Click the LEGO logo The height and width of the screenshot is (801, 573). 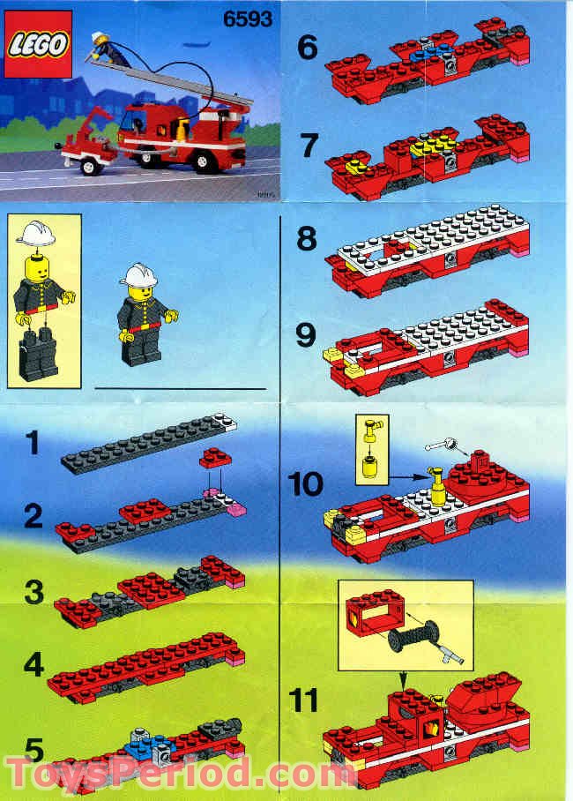click(x=38, y=45)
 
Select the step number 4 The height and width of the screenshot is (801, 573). click(x=33, y=663)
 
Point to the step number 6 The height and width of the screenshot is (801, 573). click(x=307, y=48)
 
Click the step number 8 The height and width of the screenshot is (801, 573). click(x=307, y=239)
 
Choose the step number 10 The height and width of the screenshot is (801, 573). click(x=304, y=483)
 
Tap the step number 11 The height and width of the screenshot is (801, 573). click(x=304, y=701)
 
